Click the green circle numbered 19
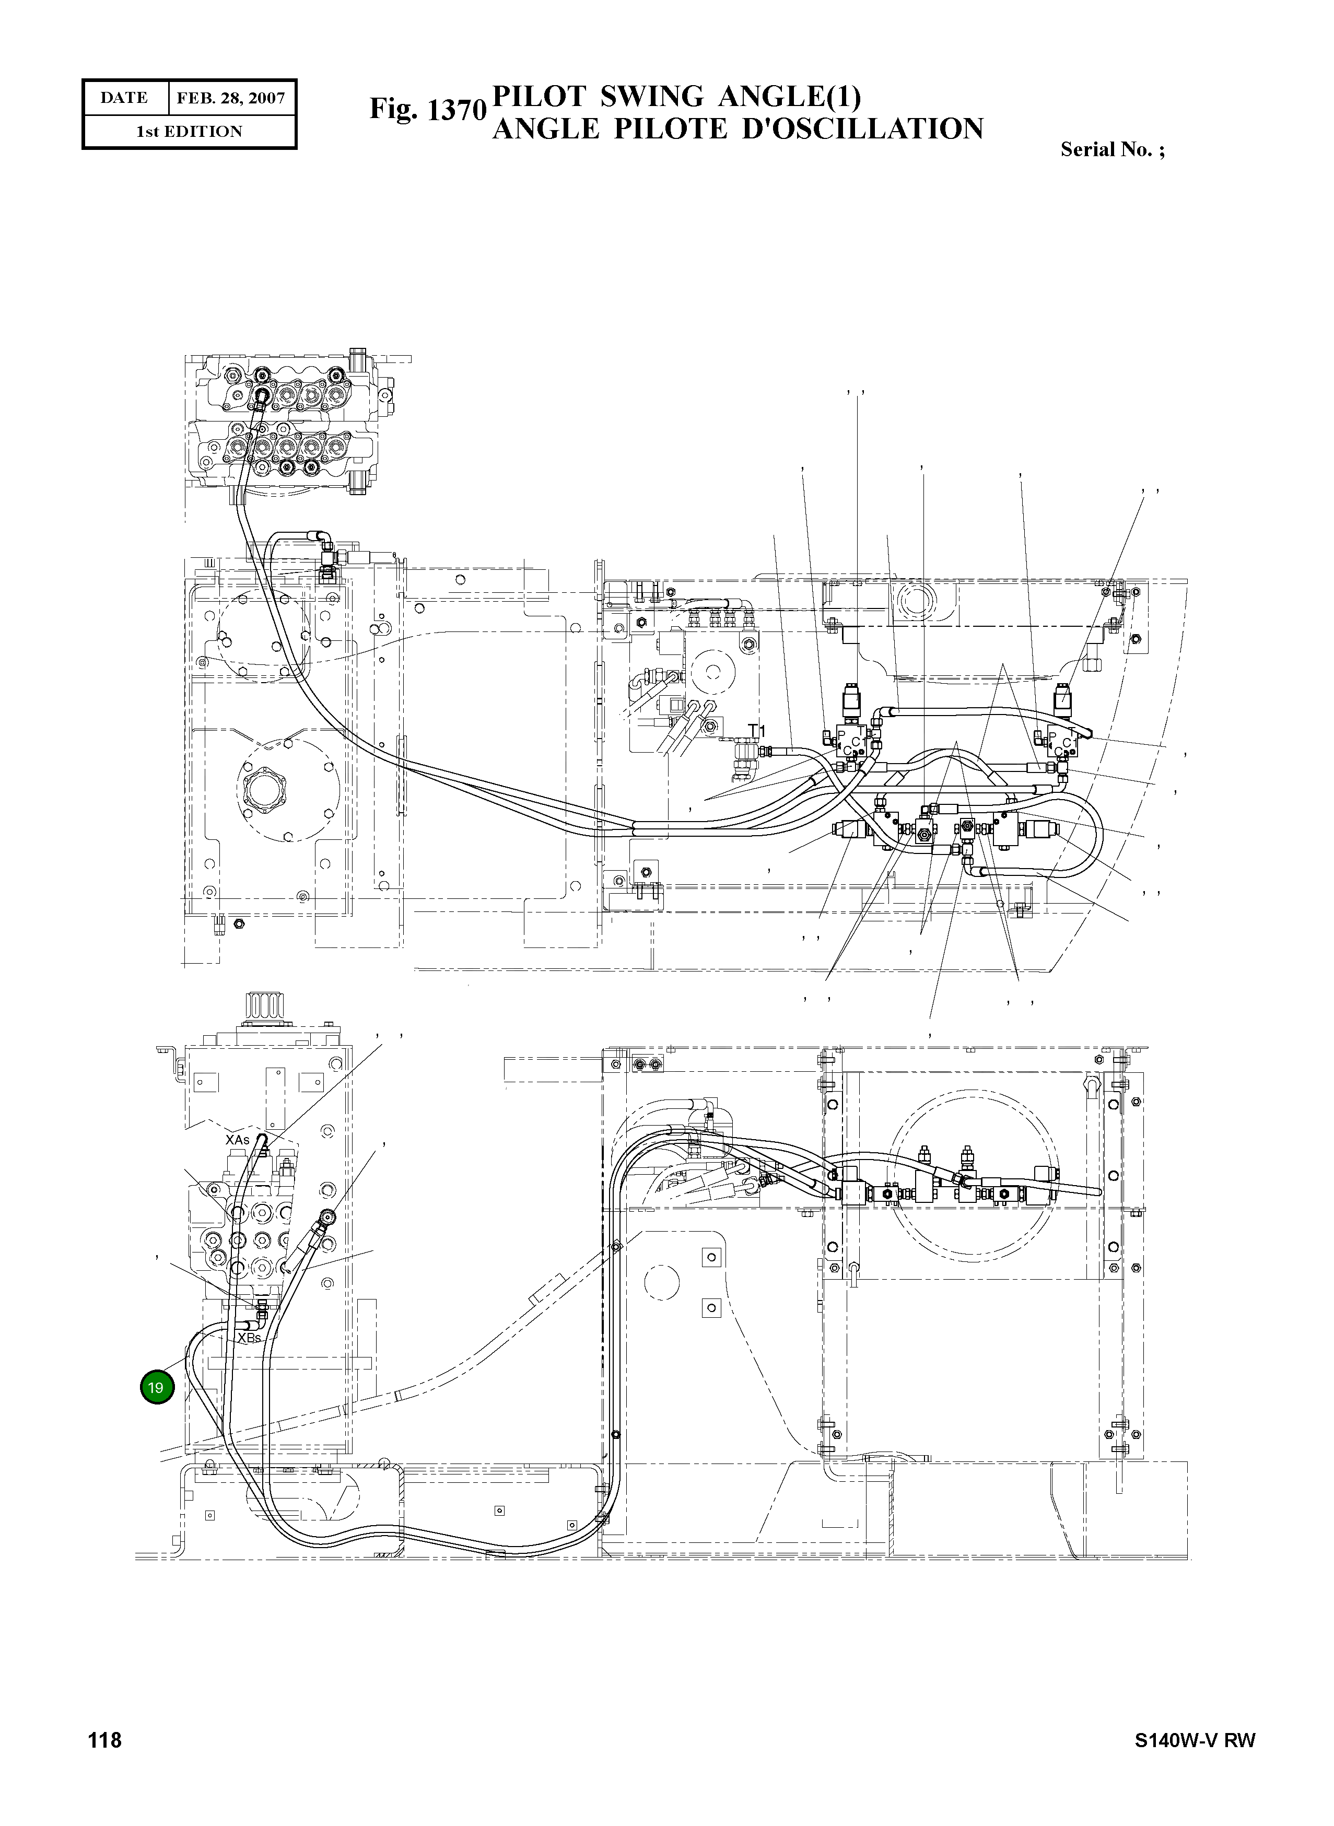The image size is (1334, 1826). click(x=157, y=1387)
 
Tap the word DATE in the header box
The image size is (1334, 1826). click(x=124, y=98)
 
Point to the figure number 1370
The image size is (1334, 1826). click(x=456, y=111)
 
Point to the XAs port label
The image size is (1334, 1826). click(x=238, y=1140)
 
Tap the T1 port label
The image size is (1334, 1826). click(x=756, y=731)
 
